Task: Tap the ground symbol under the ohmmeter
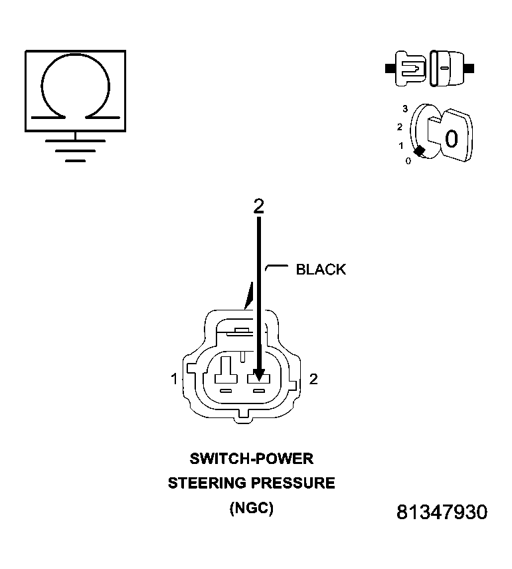point(75,150)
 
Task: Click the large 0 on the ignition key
point(451,139)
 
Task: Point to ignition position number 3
point(404,108)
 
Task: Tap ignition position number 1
point(400,145)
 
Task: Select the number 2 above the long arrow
point(258,206)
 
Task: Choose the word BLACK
point(321,269)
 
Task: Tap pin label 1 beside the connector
point(174,380)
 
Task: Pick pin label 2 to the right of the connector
point(314,379)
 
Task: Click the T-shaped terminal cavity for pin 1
point(226,370)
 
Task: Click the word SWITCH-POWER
point(251,458)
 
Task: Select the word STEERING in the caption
point(207,483)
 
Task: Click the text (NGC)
point(251,509)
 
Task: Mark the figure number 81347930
point(442,512)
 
